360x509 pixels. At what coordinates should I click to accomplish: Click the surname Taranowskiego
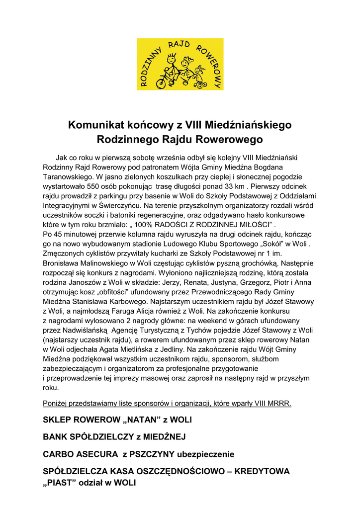coord(66,176)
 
